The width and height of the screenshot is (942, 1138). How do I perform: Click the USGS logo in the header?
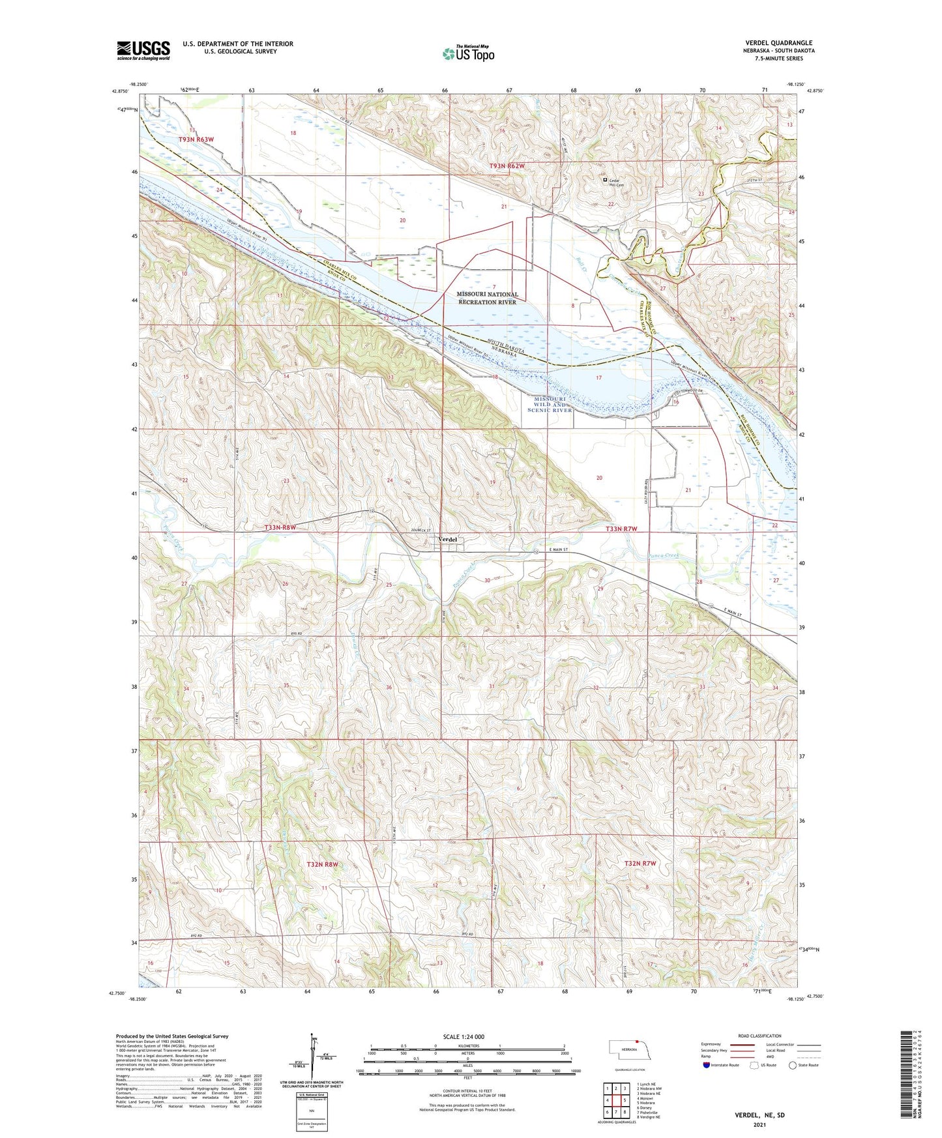[143, 50]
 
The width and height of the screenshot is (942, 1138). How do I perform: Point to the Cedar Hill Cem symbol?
[605, 179]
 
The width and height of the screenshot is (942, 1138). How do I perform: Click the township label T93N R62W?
[507, 166]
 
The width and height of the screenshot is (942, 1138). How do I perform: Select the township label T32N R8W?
[322, 864]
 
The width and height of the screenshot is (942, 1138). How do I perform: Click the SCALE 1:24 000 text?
[464, 1036]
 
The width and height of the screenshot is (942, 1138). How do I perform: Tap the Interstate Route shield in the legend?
[707, 1066]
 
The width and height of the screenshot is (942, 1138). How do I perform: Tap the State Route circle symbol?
[792, 1066]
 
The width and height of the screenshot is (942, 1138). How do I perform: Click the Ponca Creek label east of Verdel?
[662, 555]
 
